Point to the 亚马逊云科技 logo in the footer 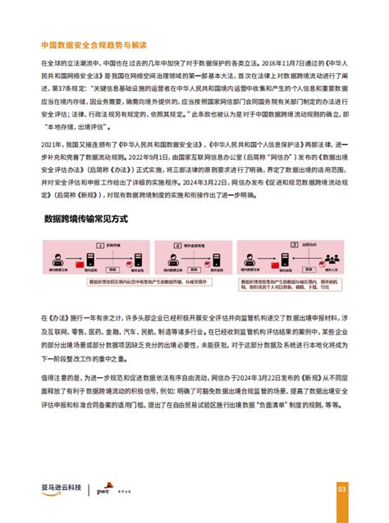62,489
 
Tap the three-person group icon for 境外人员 324,261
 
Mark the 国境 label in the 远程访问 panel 300,248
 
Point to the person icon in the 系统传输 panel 60,259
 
